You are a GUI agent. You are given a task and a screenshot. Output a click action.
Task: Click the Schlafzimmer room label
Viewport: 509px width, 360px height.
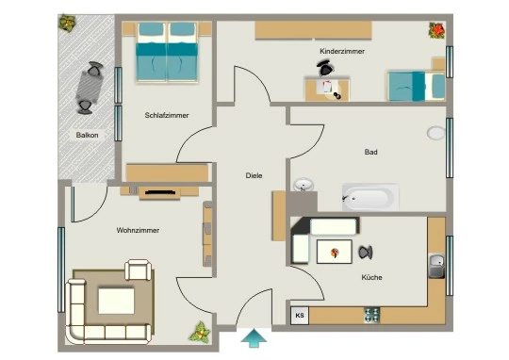[167, 115]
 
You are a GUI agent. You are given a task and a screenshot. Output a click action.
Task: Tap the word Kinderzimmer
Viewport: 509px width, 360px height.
[342, 51]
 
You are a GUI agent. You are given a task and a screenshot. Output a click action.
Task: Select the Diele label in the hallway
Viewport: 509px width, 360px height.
[254, 175]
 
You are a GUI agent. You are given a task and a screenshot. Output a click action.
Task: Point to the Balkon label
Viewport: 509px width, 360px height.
[87, 135]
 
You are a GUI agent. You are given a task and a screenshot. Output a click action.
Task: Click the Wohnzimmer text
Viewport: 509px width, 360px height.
[138, 230]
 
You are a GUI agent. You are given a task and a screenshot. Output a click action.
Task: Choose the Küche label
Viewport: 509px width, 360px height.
[371, 277]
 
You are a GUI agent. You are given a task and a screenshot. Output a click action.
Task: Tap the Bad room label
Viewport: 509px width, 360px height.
[370, 152]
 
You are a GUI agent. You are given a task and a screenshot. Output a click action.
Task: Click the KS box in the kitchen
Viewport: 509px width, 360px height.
[300, 315]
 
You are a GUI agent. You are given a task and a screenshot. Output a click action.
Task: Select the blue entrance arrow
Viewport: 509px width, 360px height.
[254, 338]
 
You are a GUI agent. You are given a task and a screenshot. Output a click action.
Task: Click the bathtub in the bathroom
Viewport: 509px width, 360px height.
[370, 197]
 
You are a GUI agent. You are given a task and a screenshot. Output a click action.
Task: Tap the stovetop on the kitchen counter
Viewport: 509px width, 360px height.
[371, 315]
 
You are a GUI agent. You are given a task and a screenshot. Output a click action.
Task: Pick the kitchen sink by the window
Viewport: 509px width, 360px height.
[437, 266]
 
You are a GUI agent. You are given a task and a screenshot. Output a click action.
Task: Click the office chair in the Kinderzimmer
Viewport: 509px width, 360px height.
[325, 68]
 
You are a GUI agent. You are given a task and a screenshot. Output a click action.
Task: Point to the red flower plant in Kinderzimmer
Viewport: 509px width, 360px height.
[436, 30]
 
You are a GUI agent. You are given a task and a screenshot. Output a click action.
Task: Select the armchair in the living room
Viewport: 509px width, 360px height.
[139, 270]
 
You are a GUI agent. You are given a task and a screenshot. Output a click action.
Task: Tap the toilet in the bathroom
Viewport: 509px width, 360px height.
[436, 133]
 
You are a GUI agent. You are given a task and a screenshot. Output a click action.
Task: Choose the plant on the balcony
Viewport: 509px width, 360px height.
[68, 23]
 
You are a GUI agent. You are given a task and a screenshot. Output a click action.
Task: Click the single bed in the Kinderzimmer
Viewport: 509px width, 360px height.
[417, 87]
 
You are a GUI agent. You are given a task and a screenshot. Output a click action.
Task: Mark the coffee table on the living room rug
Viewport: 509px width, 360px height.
[116, 301]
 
